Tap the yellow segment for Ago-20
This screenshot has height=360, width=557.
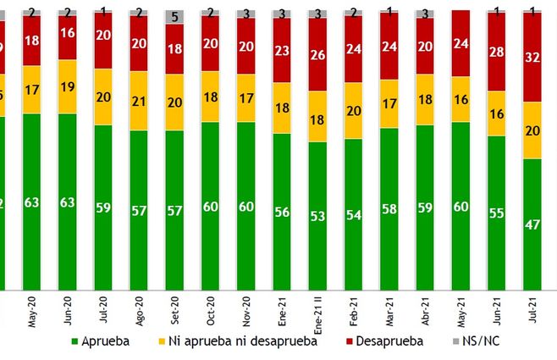tap(141, 101)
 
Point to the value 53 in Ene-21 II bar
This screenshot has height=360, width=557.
tap(318, 216)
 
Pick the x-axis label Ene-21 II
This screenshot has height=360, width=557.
tap(318, 314)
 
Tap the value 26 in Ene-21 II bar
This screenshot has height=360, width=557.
tap(318, 54)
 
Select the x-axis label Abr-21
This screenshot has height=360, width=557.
tap(425, 310)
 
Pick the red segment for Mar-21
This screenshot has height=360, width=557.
tap(389, 47)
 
